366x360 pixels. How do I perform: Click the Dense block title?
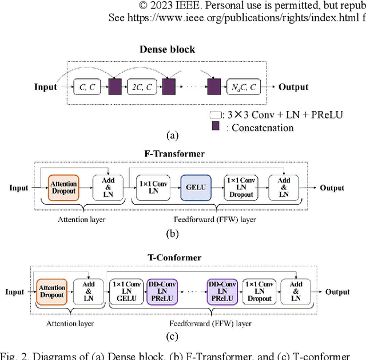click(168, 49)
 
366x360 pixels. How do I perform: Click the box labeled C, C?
click(87, 87)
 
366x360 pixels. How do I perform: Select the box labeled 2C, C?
click(141, 87)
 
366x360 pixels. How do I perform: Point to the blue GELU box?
click(196, 187)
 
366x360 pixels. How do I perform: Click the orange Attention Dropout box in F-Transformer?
click(63, 187)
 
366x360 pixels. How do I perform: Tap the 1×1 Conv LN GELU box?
click(126, 292)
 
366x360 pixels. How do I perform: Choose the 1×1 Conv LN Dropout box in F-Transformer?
click(241, 187)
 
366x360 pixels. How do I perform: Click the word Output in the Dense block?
click(293, 88)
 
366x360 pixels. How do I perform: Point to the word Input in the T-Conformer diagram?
click(15, 292)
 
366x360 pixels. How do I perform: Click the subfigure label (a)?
click(172, 136)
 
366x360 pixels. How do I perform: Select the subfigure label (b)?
click(172, 233)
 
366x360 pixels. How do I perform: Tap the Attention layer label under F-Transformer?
click(73, 219)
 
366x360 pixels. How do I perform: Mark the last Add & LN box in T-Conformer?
click(296, 292)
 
